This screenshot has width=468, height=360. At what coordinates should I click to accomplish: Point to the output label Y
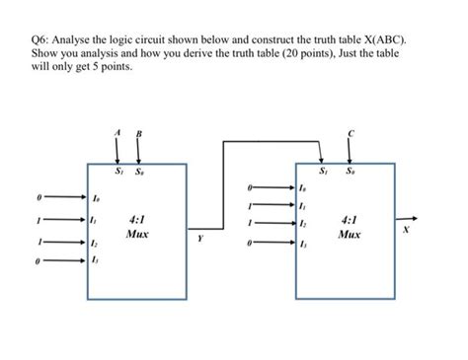200,238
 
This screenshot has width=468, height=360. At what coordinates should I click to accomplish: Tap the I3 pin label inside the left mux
94,259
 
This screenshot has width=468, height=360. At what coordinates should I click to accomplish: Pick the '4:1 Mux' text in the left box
137,227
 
